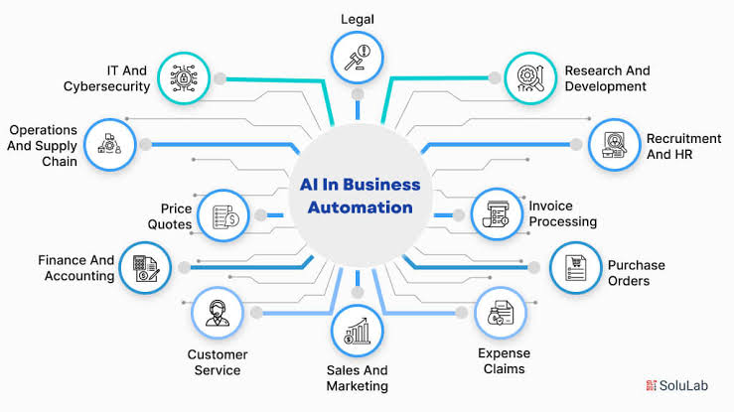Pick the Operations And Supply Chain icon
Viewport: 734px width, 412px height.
pos(110,145)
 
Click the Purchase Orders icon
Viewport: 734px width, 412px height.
pos(576,268)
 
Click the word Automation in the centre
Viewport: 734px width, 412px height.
pos(360,207)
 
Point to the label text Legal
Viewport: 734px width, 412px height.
pos(357,19)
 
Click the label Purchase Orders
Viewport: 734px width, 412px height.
pos(637,273)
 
